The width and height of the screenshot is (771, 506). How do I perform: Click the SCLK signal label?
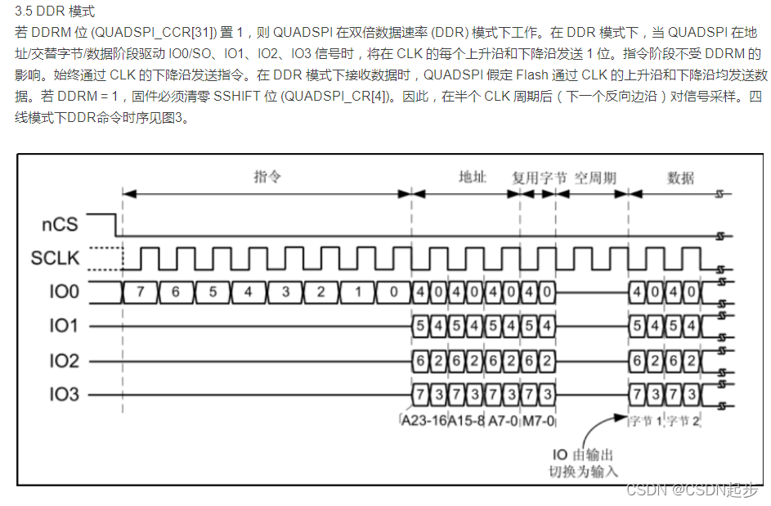click(56, 258)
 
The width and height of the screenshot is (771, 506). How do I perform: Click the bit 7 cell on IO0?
click(140, 292)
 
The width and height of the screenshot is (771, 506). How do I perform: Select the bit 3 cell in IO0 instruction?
click(285, 292)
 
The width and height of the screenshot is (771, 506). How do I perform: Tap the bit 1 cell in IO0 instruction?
click(358, 292)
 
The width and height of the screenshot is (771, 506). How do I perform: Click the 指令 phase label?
click(267, 177)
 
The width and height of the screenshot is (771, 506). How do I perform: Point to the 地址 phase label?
click(472, 177)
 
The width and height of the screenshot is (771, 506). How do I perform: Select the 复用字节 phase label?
click(540, 177)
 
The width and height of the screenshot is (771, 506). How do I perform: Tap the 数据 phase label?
click(680, 177)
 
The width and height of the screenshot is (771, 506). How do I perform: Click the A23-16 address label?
click(423, 422)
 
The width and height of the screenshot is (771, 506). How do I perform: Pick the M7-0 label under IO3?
click(538, 422)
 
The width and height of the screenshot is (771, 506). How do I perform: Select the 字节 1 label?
click(645, 422)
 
